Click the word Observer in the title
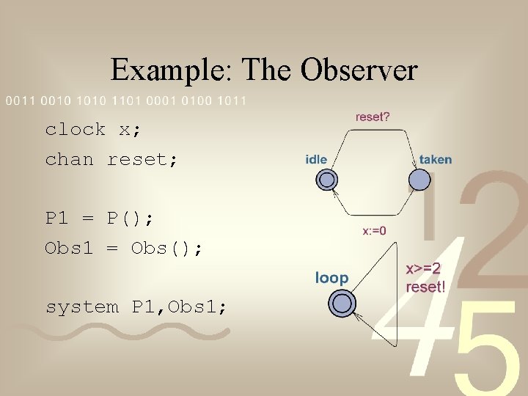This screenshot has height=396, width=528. tap(360, 70)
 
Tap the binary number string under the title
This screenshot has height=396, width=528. tap(126, 100)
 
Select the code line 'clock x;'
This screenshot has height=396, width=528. tap(93, 130)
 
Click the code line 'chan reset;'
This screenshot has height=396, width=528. tap(111, 159)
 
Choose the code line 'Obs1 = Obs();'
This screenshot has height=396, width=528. tap(124, 248)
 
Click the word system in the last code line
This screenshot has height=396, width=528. tap(82, 307)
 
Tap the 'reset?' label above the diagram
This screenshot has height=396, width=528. tap(373, 117)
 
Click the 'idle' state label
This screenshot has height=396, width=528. tap(316, 159)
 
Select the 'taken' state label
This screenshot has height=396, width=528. tap(436, 159)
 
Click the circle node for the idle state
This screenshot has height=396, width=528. tap(327, 180)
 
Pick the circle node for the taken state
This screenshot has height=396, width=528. tap(419, 180)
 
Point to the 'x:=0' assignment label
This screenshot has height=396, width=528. tap(374, 231)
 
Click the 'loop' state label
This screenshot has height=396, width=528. tap(332, 277)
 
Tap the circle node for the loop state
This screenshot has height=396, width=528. tap(342, 302)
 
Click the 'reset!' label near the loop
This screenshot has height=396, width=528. tap(425, 287)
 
